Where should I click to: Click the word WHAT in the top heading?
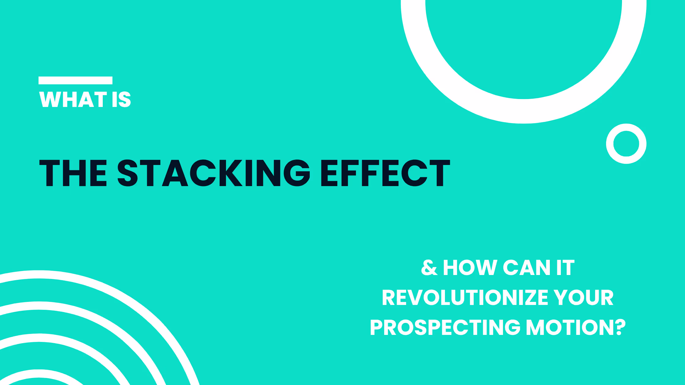[73, 99]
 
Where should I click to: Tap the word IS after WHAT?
[121, 99]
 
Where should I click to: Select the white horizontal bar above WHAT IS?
[76, 80]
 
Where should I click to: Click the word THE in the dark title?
[73, 173]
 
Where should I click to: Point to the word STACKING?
[214, 173]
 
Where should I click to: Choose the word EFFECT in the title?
[385, 173]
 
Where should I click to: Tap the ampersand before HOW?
[429, 268]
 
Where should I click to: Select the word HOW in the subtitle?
[470, 268]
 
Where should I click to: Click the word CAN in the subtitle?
[527, 268]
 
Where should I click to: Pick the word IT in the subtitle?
[565, 268]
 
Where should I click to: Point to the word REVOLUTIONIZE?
[465, 298]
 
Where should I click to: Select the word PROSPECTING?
[445, 327]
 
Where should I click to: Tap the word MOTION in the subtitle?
[569, 327]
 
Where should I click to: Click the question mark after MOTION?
[619, 327]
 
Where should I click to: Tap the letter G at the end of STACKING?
[297, 173]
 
